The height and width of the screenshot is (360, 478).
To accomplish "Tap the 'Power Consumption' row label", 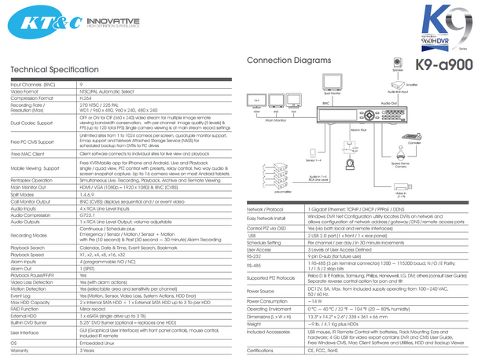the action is [268, 301].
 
